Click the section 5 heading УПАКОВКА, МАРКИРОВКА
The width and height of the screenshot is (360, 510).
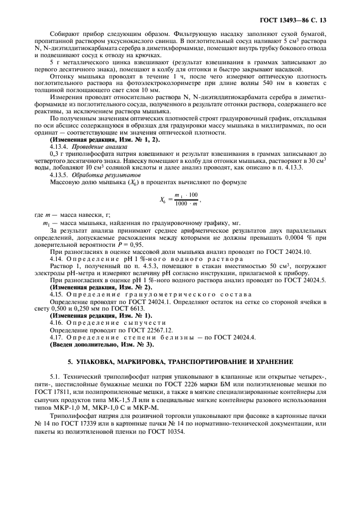(x=180, y=362)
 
